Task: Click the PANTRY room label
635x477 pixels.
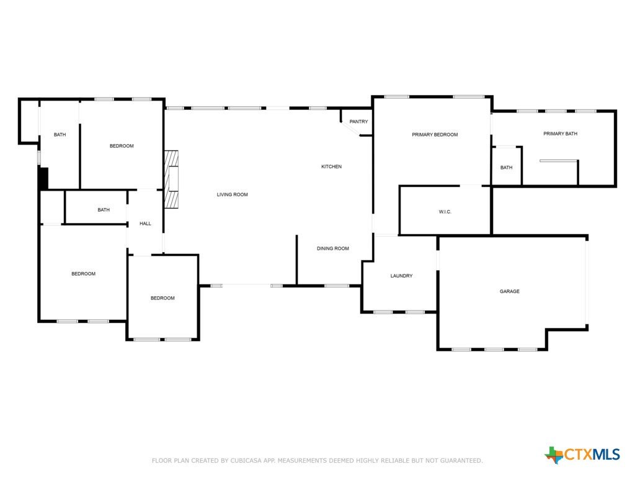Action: [x=358, y=122]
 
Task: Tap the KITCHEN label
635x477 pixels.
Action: [x=331, y=166]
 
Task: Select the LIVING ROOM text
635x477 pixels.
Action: [x=232, y=194]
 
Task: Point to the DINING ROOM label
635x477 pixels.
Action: [x=332, y=248]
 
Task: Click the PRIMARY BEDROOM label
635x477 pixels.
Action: [x=435, y=135]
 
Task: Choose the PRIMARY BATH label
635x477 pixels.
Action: [x=560, y=134]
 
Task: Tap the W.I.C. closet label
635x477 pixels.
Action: [x=445, y=212]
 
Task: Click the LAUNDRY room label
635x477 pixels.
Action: [x=401, y=276]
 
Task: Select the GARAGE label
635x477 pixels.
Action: [x=510, y=291]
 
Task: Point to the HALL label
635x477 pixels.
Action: [x=145, y=224]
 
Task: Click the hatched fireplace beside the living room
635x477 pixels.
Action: [x=171, y=179]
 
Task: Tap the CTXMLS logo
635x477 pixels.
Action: [x=582, y=454]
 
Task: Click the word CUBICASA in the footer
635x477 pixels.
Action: [x=246, y=461]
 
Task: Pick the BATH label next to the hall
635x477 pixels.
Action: [x=104, y=210]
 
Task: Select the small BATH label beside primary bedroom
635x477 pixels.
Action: [x=506, y=168]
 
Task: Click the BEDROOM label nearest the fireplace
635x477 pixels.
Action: [x=122, y=146]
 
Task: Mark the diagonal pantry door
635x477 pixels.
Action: [x=350, y=129]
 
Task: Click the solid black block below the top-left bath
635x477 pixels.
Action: [x=43, y=178]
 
